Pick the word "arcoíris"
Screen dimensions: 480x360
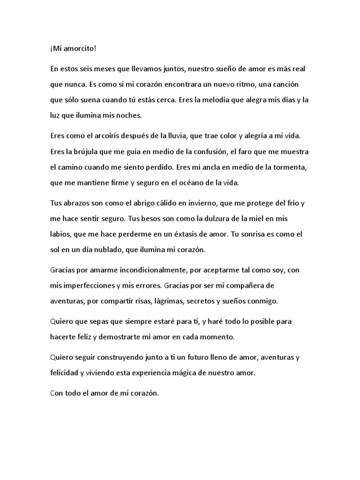pos(105,135)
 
